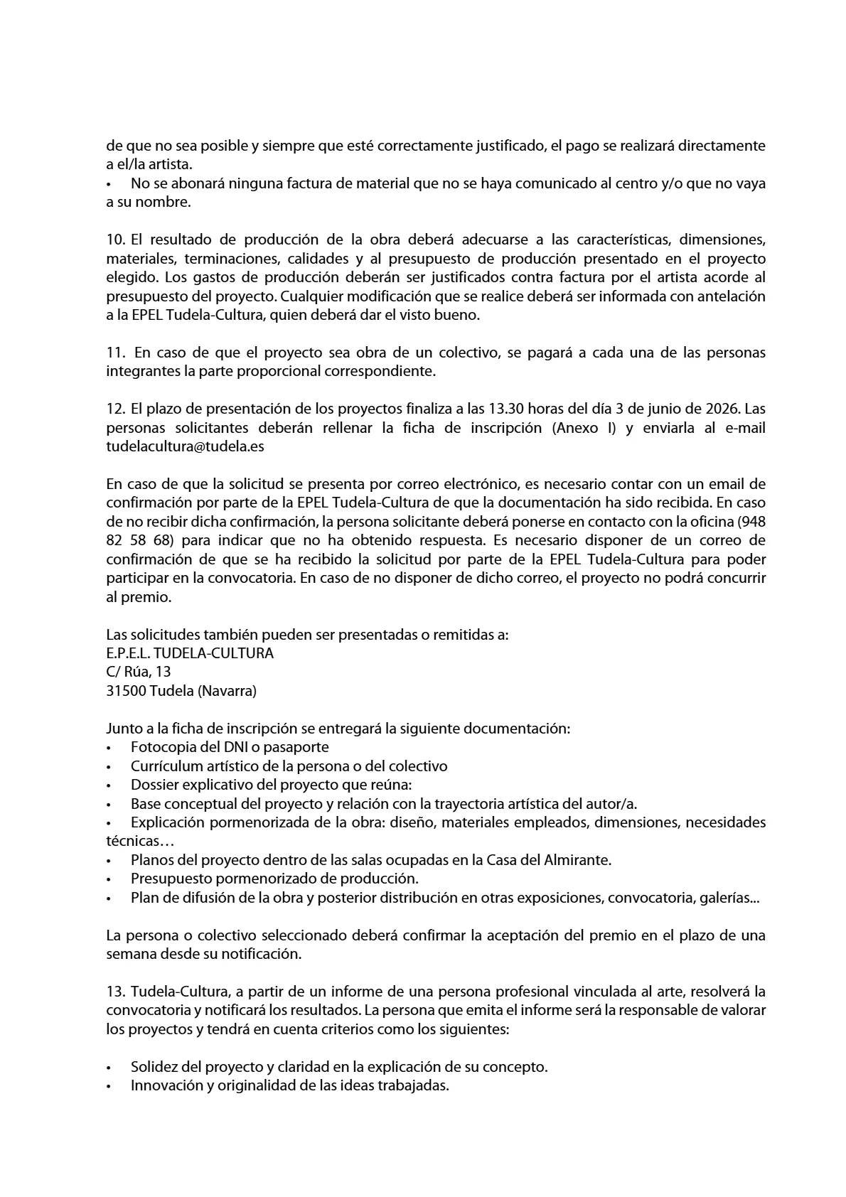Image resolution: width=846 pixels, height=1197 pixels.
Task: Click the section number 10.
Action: (115, 240)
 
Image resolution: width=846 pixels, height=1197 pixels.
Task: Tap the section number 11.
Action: (115, 353)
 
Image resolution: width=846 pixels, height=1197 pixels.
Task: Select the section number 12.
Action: (115, 409)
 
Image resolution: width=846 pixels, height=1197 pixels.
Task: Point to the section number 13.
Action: (115, 992)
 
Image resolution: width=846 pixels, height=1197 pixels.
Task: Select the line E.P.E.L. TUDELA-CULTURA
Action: (190, 653)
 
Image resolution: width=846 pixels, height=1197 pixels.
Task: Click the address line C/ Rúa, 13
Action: (139, 672)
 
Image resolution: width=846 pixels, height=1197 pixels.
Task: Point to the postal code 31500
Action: (127, 691)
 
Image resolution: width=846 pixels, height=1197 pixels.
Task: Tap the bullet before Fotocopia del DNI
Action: (109, 748)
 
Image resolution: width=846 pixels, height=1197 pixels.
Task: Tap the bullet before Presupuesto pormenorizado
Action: (109, 879)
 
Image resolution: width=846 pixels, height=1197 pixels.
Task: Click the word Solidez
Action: (155, 1067)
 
